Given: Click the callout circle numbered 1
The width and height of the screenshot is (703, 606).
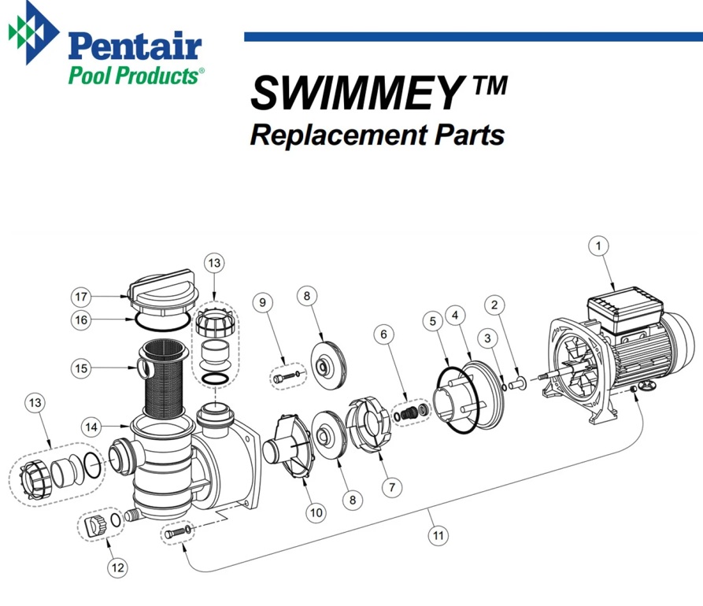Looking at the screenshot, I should pos(599,246).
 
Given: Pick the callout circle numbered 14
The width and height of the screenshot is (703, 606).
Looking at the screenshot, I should pos(92,427).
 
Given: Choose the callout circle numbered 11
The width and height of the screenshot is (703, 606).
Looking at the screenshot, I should pos(438,535).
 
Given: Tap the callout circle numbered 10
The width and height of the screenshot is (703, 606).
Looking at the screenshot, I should pos(316,513).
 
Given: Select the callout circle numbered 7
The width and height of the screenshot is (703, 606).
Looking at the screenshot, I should pos(391,487).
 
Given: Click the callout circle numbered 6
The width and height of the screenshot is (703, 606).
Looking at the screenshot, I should pos(383,334).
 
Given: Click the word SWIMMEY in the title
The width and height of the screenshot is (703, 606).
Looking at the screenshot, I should pos(354,94).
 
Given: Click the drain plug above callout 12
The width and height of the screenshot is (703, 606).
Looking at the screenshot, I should pos(94,525).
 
